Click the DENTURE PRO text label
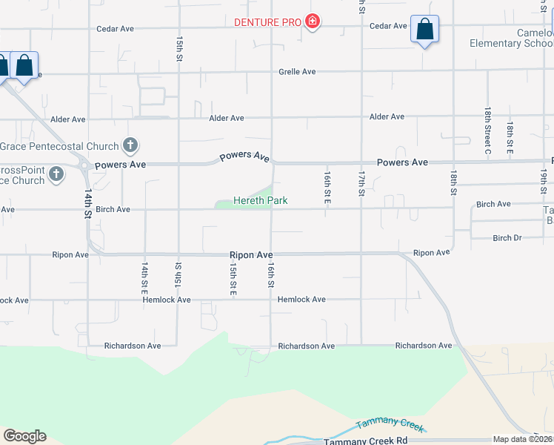coord(267,22)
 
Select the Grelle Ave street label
coord(297,72)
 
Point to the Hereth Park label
coord(260,200)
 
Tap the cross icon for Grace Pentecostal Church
coord(130,145)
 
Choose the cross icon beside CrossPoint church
coord(56,175)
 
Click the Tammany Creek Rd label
coord(366,441)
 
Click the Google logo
coord(24,436)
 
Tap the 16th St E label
coord(326,188)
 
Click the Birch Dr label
coord(507,238)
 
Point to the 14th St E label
coord(146,275)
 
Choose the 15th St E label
coord(233,275)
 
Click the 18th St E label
coord(510,139)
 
